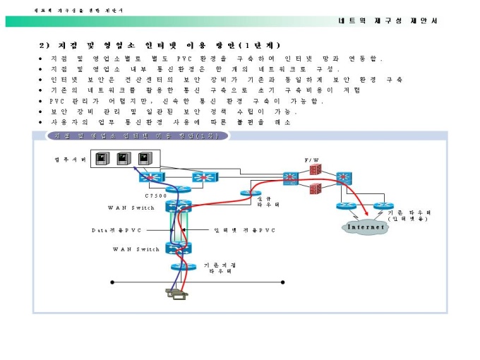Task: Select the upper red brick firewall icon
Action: click(x=315, y=171)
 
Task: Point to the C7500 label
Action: click(x=155, y=196)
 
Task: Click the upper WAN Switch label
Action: click(x=131, y=208)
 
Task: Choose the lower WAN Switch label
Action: click(x=136, y=249)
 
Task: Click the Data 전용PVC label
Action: click(x=116, y=230)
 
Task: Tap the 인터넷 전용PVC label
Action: click(x=244, y=230)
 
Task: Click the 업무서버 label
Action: click(x=70, y=160)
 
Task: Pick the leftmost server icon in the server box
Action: click(x=102, y=158)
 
